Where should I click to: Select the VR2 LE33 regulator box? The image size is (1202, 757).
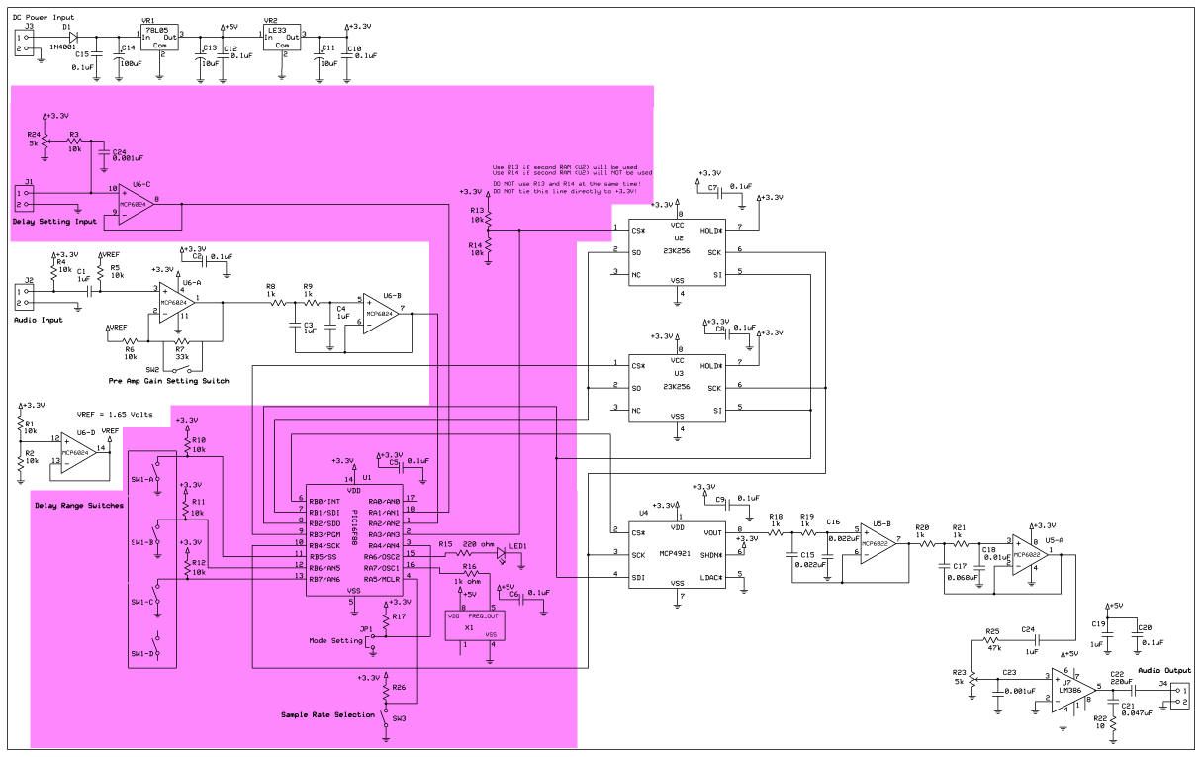(x=281, y=38)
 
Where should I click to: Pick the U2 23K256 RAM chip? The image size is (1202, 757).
(x=678, y=251)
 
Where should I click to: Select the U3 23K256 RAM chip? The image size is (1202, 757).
(x=678, y=386)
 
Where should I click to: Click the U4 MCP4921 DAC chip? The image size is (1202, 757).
(x=678, y=554)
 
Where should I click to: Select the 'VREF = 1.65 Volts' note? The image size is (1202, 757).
(x=114, y=415)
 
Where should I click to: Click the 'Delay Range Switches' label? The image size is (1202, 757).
(x=79, y=506)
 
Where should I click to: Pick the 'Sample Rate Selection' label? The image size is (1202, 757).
(x=326, y=713)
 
